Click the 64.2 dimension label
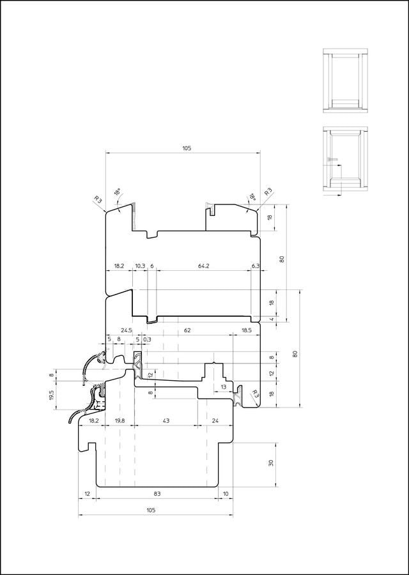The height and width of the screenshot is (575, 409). tap(204, 266)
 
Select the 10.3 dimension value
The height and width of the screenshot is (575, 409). tap(140, 266)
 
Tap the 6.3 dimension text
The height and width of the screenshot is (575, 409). tap(256, 266)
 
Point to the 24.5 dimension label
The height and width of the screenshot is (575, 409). tap(126, 330)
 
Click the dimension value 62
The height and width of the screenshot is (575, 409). tap(187, 330)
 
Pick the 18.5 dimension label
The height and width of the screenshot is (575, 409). tap(247, 330)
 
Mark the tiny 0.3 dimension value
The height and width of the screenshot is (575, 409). tap(147, 340)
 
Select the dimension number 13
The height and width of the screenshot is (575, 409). tap(224, 387)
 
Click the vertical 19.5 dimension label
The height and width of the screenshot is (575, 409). tap(51, 395)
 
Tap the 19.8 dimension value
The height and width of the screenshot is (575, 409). tap(120, 420)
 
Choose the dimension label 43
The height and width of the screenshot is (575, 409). tap(166, 420)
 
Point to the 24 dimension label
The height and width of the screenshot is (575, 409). tap(215, 420)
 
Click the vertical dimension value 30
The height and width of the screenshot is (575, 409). tap(271, 463)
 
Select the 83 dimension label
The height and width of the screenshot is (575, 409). tap(157, 494)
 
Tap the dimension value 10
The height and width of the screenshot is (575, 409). tap(226, 494)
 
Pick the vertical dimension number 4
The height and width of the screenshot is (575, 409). tap(272, 319)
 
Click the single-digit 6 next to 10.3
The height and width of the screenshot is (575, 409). tap(152, 266)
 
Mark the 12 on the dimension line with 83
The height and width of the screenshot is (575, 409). tap(87, 494)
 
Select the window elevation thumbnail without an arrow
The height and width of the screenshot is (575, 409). tap(345, 80)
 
